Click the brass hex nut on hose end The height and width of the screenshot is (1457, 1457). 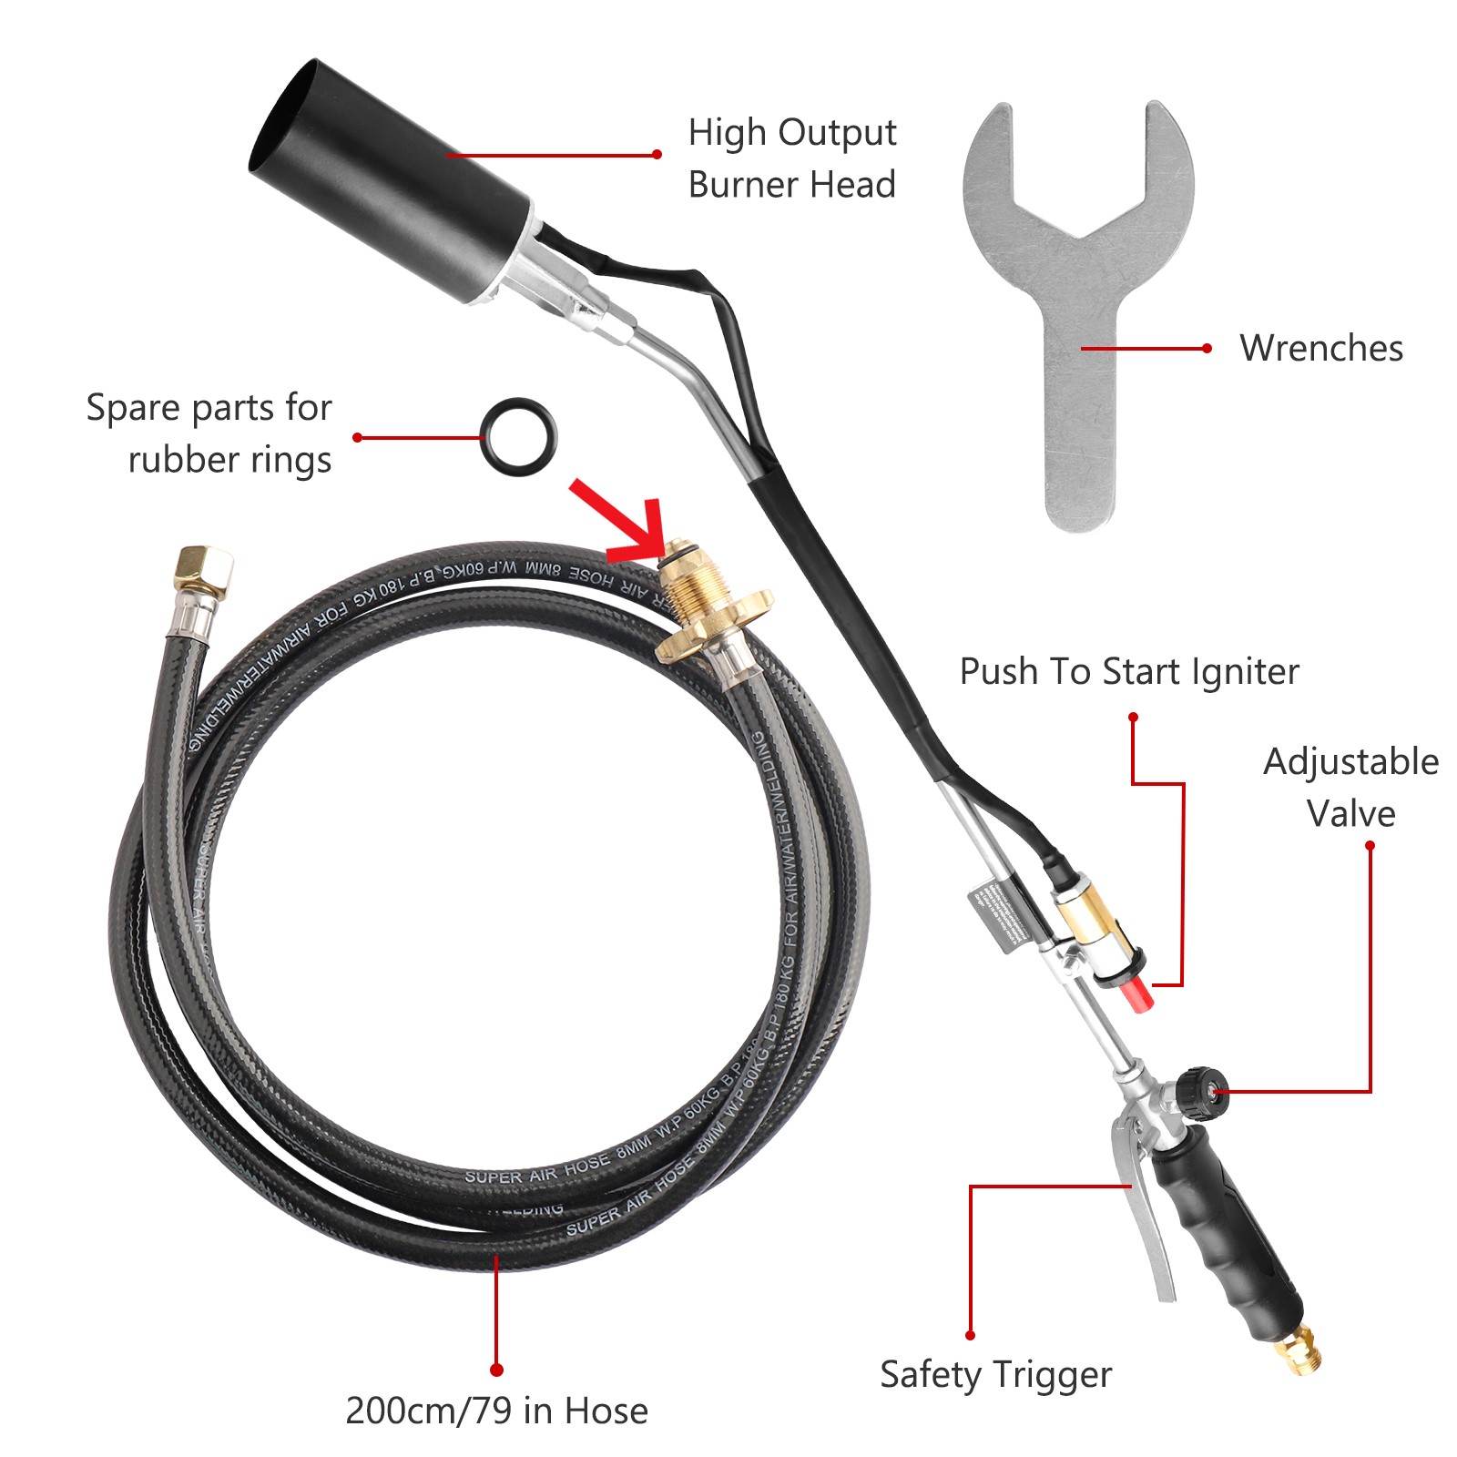click(205, 569)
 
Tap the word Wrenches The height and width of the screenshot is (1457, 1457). click(1320, 348)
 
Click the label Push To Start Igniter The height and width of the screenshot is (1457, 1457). click(1129, 672)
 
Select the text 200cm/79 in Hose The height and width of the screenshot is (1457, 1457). click(496, 1411)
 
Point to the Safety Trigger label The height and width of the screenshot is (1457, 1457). click(995, 1374)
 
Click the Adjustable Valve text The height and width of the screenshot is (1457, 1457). click(1350, 787)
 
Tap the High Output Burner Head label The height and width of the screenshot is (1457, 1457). click(791, 158)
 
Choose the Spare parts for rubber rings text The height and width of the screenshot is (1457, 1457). click(209, 433)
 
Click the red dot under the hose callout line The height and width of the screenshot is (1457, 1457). click(496, 1370)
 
